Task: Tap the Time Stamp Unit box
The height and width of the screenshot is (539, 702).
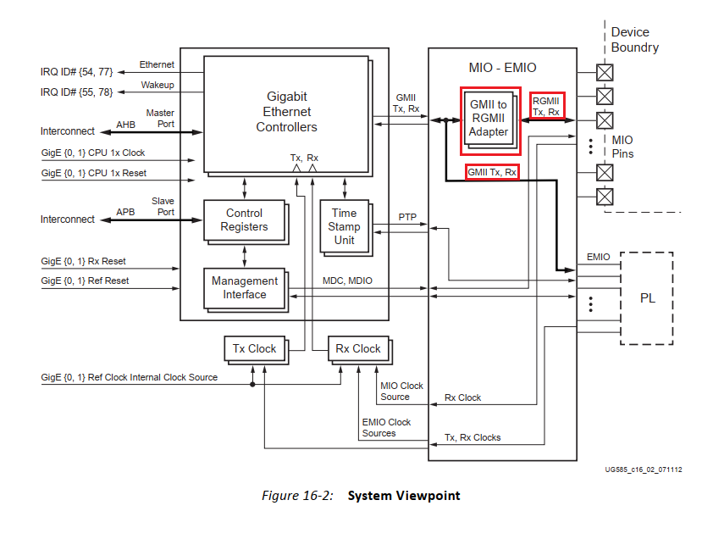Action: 344,226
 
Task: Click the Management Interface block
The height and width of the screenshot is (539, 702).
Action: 244,288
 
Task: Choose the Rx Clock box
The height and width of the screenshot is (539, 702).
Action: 357,348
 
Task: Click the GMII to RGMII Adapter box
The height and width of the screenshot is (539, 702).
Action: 489,119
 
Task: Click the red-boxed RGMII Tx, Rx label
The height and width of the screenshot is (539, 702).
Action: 547,106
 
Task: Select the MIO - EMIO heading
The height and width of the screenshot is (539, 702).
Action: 502,67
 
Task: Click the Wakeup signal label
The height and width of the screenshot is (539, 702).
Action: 157,85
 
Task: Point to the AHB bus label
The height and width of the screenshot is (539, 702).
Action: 126,124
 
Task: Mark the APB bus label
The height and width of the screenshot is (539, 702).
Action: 126,212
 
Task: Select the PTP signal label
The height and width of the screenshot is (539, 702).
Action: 408,218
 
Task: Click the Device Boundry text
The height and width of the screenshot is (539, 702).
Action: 634,40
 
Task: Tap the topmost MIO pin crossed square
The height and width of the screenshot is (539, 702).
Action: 605,71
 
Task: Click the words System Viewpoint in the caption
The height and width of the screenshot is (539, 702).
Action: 404,495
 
